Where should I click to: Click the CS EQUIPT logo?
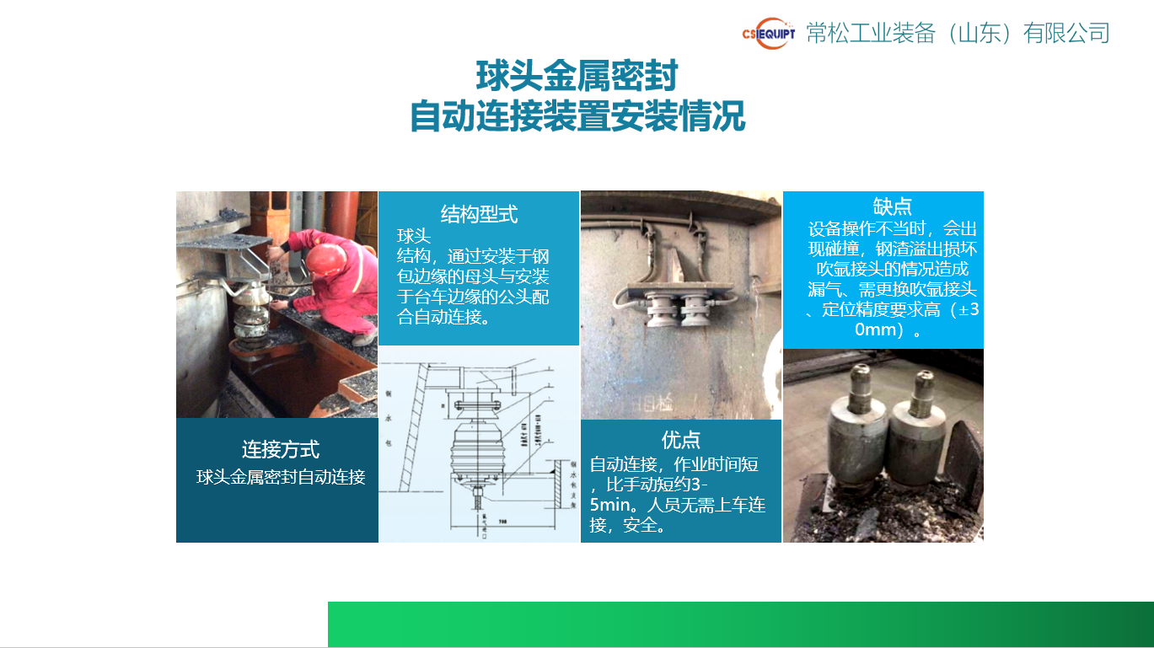pyautogui.click(x=768, y=34)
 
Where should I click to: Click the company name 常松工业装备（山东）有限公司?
pyautogui.click(x=958, y=33)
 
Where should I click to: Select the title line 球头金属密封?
pyautogui.click(x=577, y=76)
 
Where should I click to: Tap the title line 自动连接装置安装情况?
pyautogui.click(x=577, y=116)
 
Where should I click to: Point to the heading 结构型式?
pyautogui.click(x=479, y=214)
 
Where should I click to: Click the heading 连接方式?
pyautogui.click(x=281, y=449)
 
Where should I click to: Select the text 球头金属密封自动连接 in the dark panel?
pyautogui.click(x=281, y=477)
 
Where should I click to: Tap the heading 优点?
pyautogui.click(x=681, y=439)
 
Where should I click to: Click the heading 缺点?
pyautogui.click(x=892, y=206)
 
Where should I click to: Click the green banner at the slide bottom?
pyautogui.click(x=740, y=624)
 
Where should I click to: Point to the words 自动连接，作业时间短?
pyautogui.click(x=674, y=463)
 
